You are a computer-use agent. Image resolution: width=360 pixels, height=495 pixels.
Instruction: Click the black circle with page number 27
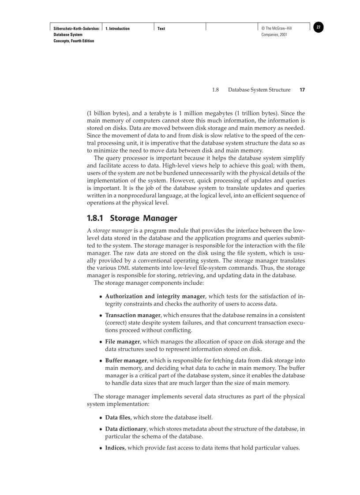[x=319, y=27]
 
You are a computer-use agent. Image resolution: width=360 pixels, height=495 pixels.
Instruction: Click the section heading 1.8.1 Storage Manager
[x=132, y=218]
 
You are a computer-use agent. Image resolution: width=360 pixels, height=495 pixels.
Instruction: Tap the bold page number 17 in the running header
[x=302, y=90]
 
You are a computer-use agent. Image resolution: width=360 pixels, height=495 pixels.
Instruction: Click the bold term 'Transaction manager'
[x=133, y=316]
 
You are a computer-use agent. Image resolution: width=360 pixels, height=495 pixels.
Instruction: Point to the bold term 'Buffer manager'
[x=126, y=361]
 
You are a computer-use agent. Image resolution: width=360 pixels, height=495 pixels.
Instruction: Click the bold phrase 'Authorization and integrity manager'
[x=155, y=297]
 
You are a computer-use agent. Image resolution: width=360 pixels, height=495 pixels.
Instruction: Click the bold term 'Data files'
[x=118, y=417]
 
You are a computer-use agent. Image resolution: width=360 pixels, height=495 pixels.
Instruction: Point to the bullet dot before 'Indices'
[x=101, y=449]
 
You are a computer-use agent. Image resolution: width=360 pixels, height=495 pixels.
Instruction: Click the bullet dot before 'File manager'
[x=101, y=342]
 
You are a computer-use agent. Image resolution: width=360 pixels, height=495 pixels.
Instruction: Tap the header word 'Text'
[x=161, y=29]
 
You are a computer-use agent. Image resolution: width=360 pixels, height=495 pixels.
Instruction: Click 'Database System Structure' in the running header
[x=259, y=90]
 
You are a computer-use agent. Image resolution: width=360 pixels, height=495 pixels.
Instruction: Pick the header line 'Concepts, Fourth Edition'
[x=74, y=41]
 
